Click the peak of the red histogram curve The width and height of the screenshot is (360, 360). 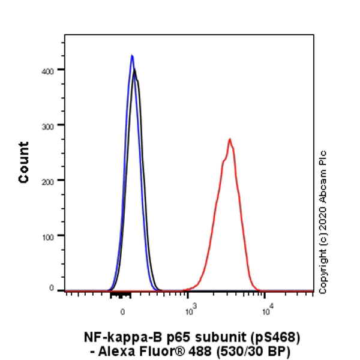click(229, 139)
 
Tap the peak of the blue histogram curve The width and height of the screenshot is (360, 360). click(132, 56)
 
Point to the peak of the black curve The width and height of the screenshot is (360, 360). click(135, 70)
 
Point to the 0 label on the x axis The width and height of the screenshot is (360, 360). click(123, 312)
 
